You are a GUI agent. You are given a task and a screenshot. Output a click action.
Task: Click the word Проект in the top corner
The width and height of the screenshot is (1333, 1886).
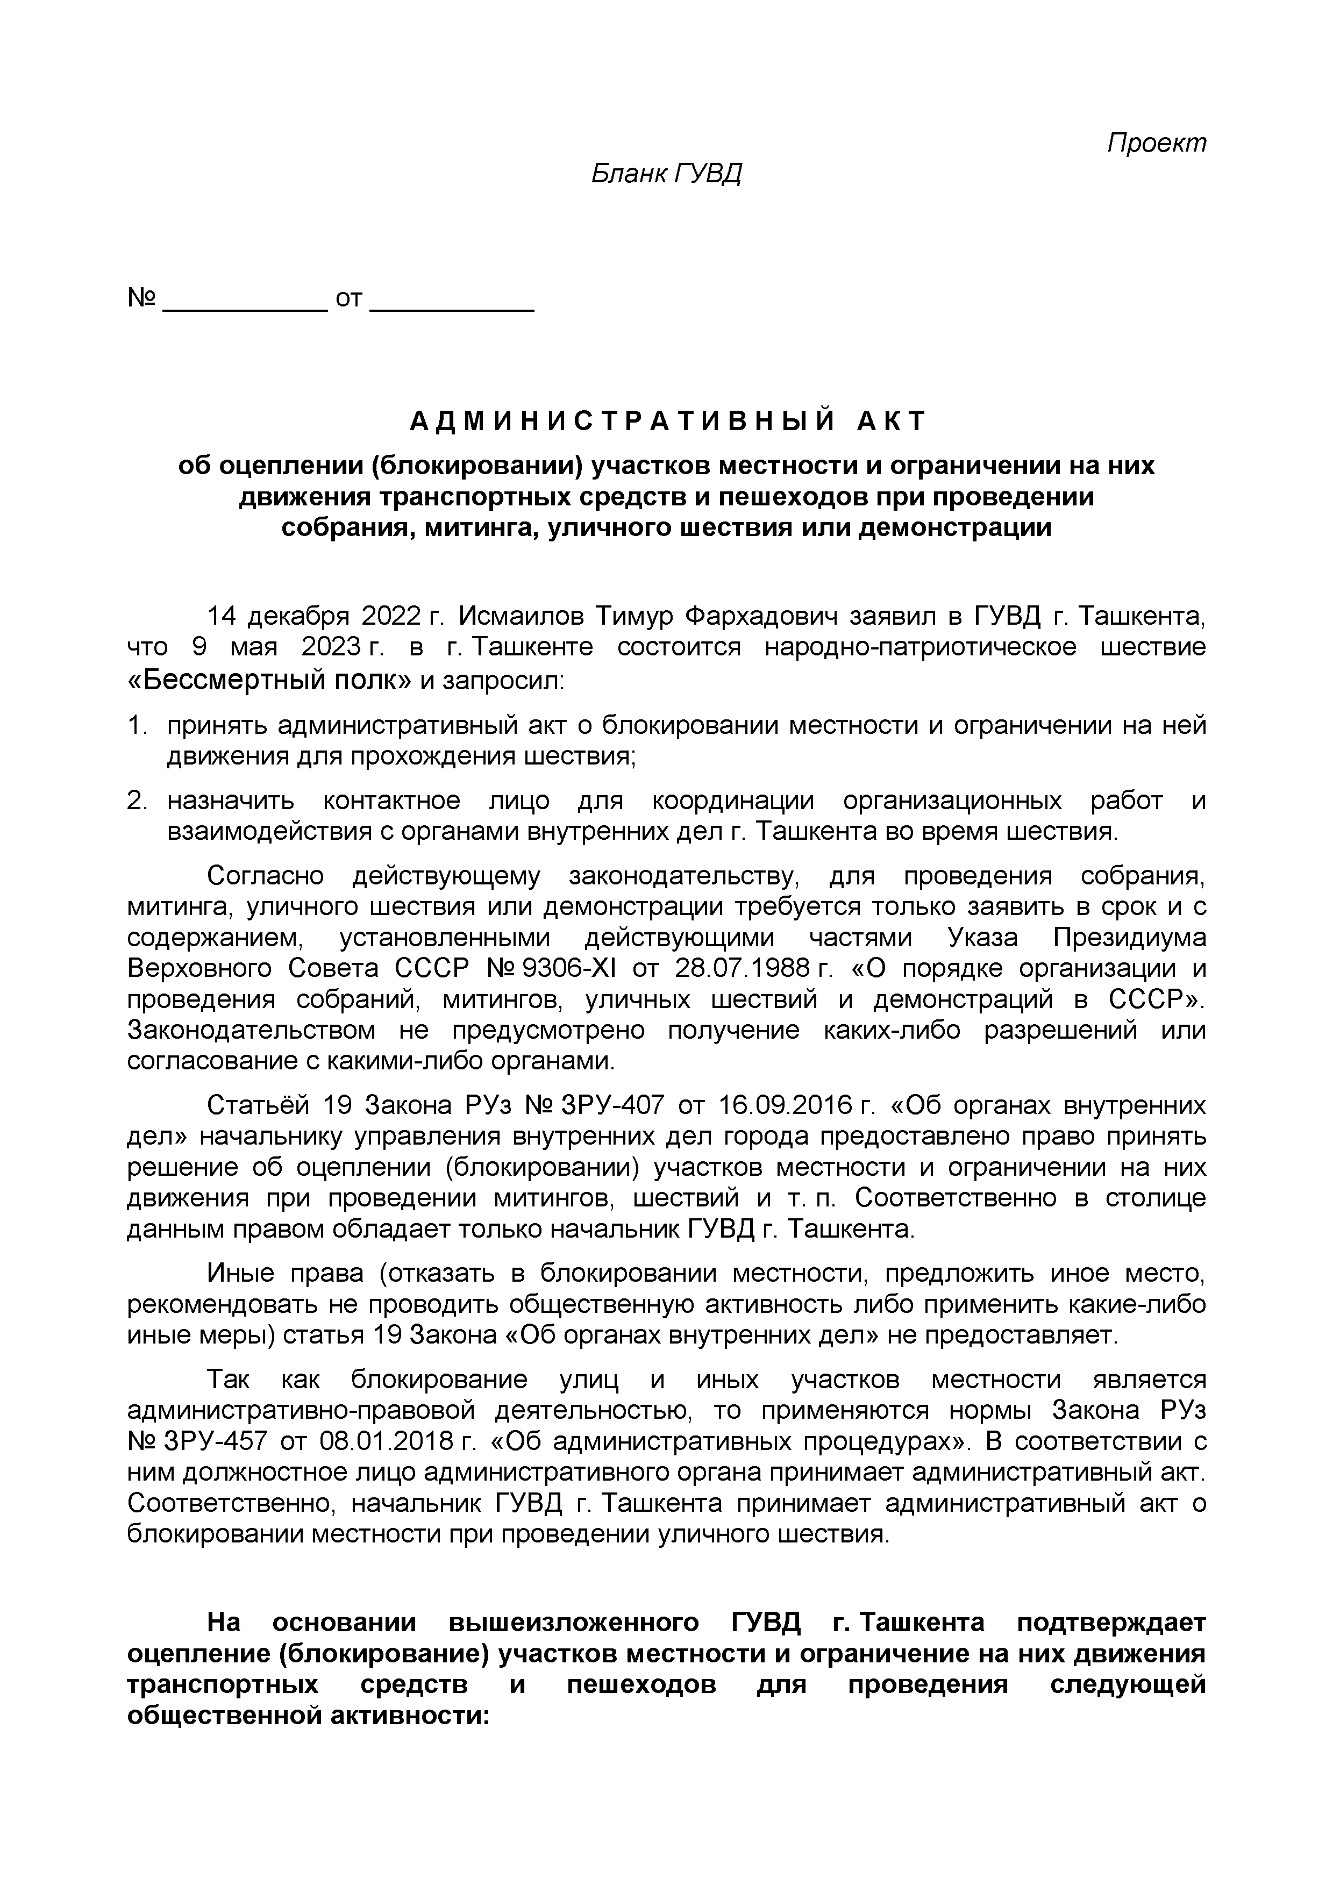[x=1157, y=143]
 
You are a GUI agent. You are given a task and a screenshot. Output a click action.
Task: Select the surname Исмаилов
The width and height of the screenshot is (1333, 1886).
[x=522, y=616]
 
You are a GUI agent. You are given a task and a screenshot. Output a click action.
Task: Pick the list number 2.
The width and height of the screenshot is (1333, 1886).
[x=137, y=801]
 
